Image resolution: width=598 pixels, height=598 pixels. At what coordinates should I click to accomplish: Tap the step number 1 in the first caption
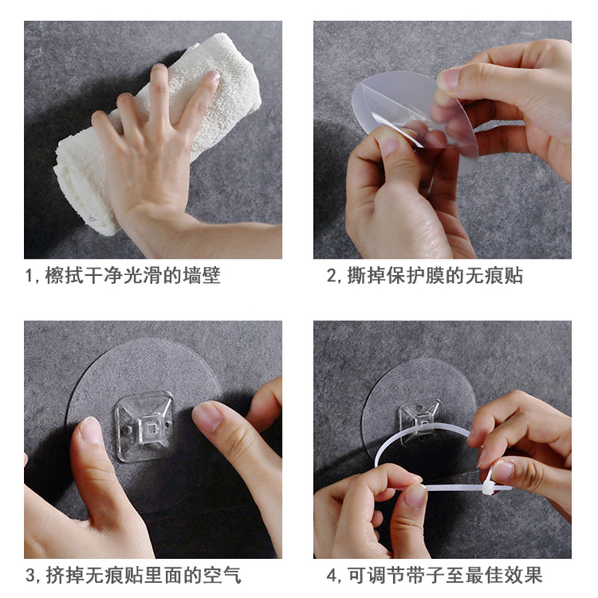(31, 277)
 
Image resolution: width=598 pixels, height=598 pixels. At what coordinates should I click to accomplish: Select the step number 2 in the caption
(333, 277)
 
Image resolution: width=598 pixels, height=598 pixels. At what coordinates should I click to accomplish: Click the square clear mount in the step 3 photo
(143, 425)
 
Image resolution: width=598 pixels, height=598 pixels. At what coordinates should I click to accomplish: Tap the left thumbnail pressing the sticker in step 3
(91, 432)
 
